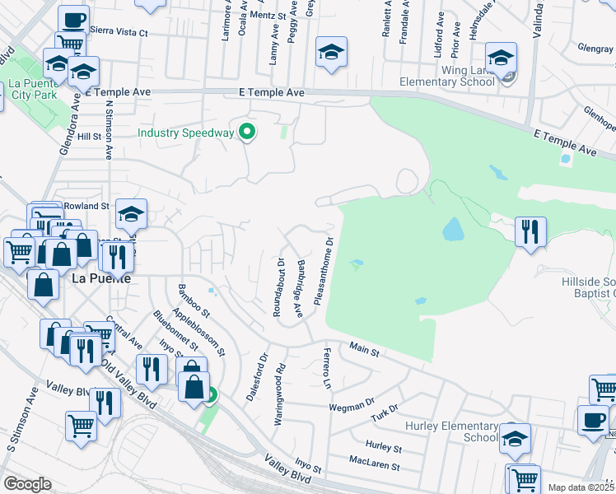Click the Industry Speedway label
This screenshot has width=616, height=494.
(186, 133)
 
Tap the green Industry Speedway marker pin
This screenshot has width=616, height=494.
(245, 132)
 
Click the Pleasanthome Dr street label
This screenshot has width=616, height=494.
(328, 269)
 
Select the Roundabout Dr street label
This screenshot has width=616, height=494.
(280, 287)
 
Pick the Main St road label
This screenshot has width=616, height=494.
(363, 351)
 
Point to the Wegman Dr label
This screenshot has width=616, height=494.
(351, 406)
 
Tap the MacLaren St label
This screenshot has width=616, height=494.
(374, 466)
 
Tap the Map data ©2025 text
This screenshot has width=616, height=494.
(580, 487)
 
